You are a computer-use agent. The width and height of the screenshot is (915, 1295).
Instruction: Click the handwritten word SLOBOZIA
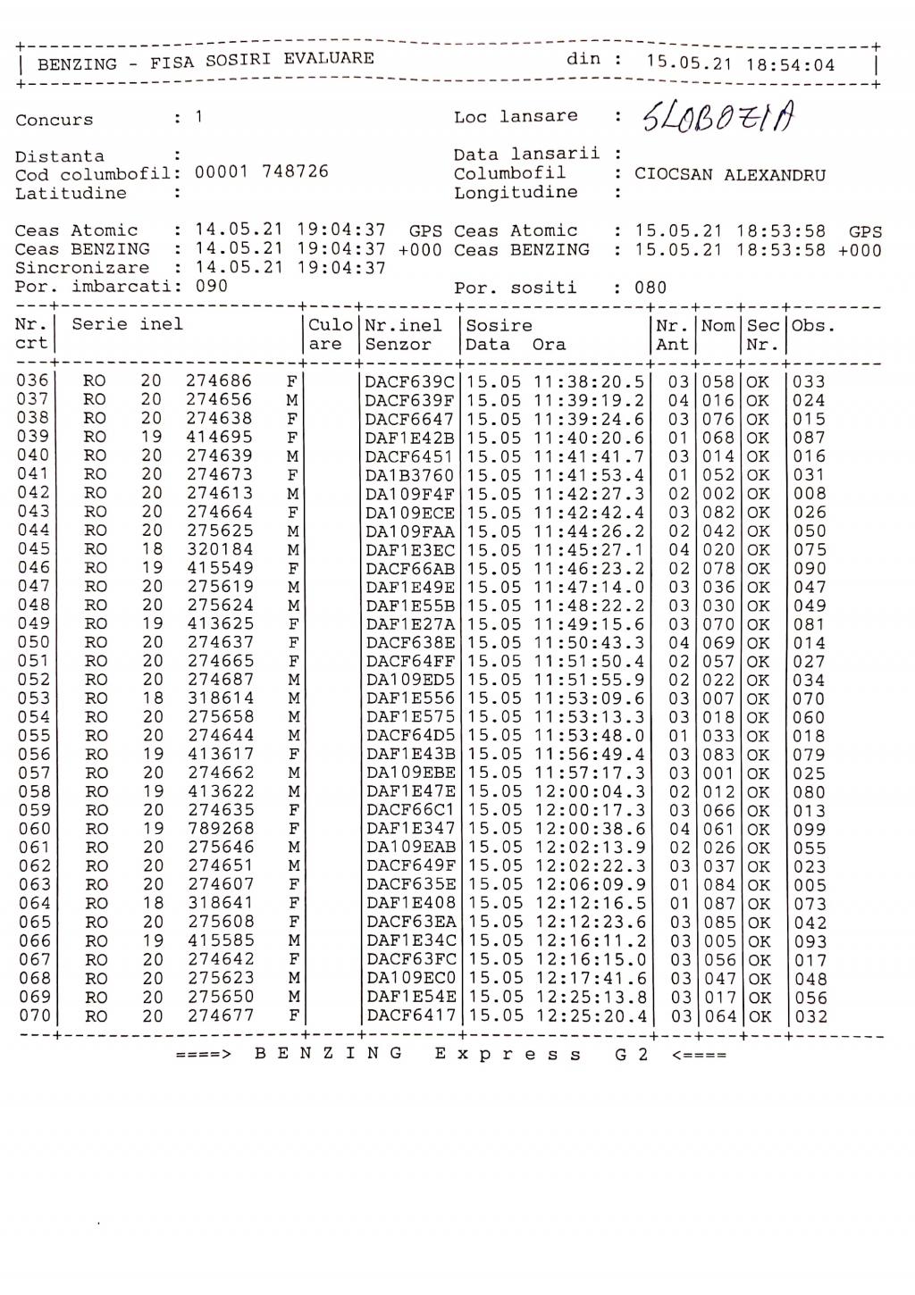pos(718,116)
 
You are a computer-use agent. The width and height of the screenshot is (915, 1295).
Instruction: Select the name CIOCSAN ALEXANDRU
pos(730,175)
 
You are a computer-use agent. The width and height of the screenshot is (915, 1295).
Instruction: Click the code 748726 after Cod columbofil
pos(295,171)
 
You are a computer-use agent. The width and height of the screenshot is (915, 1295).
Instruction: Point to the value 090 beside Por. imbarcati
pos(212,287)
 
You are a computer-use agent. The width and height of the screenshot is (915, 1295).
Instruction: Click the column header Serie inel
pos(127,324)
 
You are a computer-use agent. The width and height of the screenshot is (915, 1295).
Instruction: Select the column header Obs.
pos(813,326)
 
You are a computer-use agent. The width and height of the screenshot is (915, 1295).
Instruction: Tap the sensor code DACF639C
pos(409,381)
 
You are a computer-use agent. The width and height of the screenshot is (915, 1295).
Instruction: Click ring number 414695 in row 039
pos(220,438)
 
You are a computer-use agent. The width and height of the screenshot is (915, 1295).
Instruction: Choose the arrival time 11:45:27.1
pos(589,549)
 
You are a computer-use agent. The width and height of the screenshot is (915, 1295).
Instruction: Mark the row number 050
pos(32,642)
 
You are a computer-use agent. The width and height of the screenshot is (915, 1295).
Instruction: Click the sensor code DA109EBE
pos(410,773)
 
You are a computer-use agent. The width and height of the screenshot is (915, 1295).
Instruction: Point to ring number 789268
pos(220,829)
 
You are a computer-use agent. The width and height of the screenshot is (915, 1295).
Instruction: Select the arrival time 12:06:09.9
pos(589,885)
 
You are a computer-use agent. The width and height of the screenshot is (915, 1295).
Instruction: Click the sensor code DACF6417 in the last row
pos(410,1015)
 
